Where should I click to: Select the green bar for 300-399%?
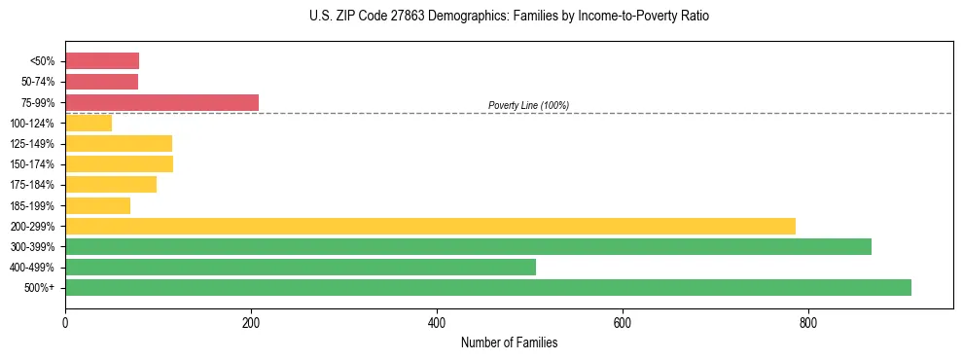tap(468, 246)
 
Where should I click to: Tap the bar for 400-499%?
tap(301, 267)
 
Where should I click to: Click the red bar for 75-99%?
tap(161, 102)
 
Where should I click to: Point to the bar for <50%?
tap(102, 60)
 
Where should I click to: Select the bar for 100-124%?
tap(89, 123)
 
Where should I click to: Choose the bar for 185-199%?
tap(97, 205)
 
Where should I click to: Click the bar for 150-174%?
tap(119, 163)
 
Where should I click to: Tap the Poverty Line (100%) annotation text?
tap(528, 105)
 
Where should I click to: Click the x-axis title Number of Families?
tap(509, 342)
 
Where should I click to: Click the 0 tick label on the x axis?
tap(65, 322)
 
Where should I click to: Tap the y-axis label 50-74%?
tap(38, 82)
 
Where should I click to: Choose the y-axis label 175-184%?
tap(32, 185)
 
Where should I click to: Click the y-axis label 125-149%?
tap(32, 144)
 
